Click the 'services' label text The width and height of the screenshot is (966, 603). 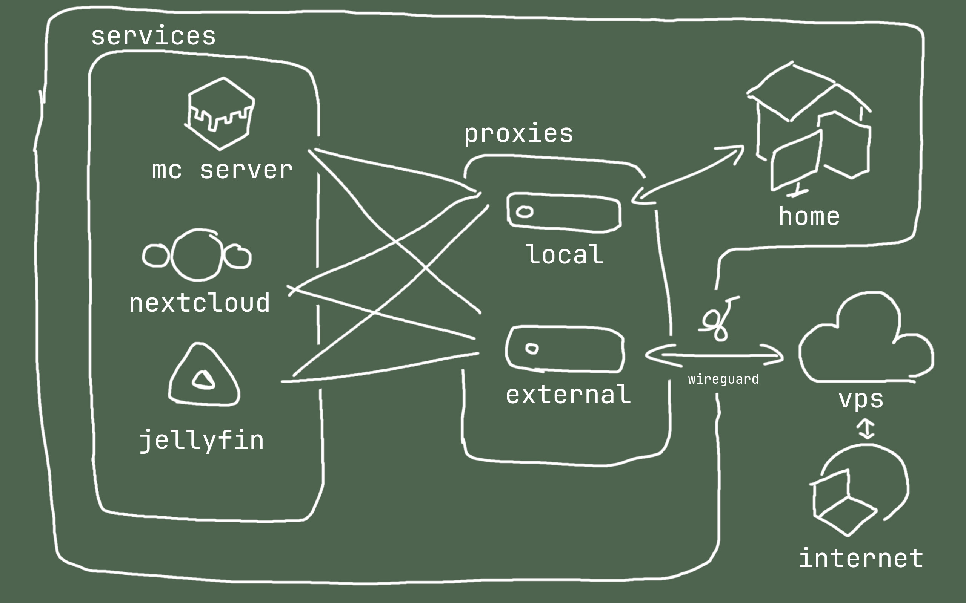click(153, 36)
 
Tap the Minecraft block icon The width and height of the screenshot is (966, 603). click(220, 114)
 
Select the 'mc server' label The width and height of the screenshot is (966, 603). click(222, 170)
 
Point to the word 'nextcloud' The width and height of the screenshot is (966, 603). click(199, 303)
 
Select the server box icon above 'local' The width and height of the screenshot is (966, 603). click(564, 212)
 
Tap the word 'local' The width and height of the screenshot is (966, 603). click(564, 255)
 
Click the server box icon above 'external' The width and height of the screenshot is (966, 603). click(564, 350)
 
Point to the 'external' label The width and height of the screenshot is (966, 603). click(568, 395)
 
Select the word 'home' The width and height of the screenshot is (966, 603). click(809, 217)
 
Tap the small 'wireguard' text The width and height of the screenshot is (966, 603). click(723, 379)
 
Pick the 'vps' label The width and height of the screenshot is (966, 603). click(861, 399)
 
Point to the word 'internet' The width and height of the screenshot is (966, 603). click(861, 558)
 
